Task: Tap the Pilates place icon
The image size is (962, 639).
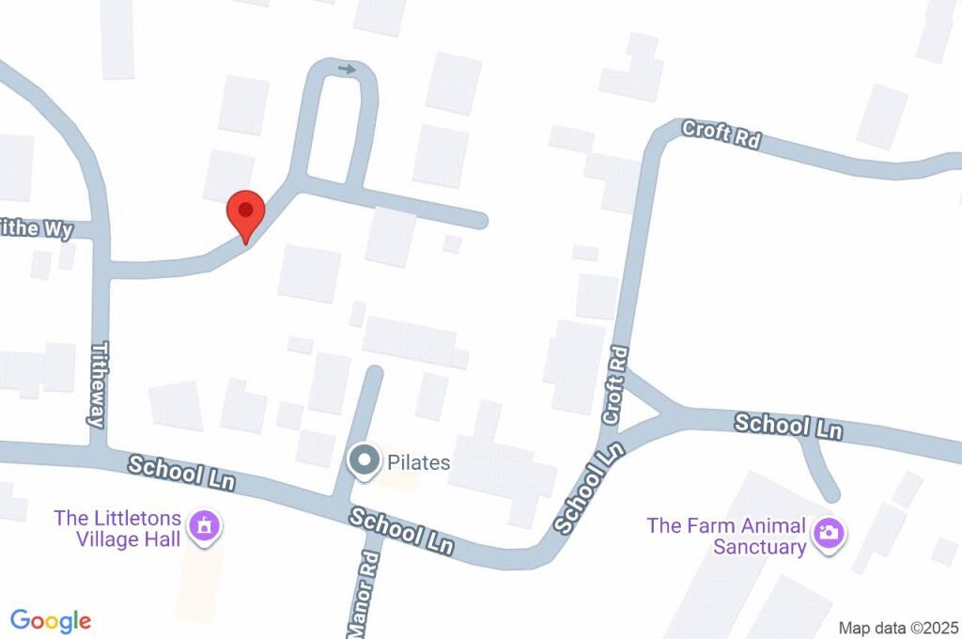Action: (364, 462)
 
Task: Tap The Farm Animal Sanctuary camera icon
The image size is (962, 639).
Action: (828, 534)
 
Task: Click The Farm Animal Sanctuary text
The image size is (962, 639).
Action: (725, 536)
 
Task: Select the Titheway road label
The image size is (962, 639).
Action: (97, 384)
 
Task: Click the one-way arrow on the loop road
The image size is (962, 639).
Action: (348, 69)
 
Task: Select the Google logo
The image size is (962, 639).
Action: (51, 621)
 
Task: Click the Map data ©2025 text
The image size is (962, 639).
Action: (898, 628)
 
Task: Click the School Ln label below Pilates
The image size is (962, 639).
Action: (401, 531)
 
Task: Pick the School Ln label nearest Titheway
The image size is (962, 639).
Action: (181, 472)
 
